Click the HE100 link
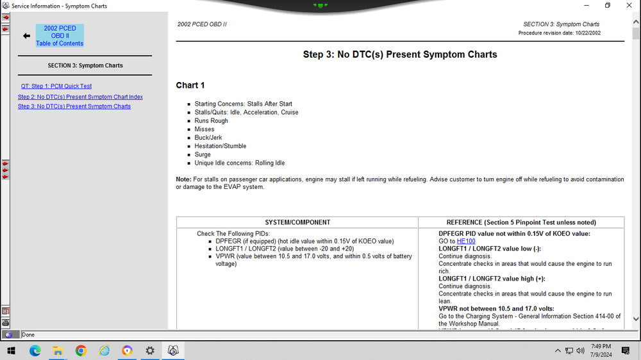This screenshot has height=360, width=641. coord(466,241)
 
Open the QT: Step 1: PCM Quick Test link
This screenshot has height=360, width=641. coord(56,86)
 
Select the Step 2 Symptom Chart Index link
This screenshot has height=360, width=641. coord(80,97)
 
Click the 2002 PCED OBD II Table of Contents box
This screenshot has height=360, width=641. coord(60,36)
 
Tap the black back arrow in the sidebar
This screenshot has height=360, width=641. coord(26,36)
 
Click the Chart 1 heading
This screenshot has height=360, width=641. coord(190,85)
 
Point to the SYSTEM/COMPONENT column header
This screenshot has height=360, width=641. coord(297,222)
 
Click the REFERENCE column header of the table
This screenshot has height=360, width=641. coord(521,222)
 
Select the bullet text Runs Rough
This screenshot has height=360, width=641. coord(212,120)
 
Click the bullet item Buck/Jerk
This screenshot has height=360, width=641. coord(209,137)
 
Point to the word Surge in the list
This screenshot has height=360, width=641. coord(203,154)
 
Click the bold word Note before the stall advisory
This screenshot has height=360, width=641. coord(183,179)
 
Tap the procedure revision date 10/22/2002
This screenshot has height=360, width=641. coord(585,33)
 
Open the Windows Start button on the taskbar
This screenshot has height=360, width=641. coord(11,350)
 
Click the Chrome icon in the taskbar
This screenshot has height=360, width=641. coord(81,350)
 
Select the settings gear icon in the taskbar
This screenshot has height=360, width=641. coord(150,350)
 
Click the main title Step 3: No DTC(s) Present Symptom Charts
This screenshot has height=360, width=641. coord(400,54)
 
